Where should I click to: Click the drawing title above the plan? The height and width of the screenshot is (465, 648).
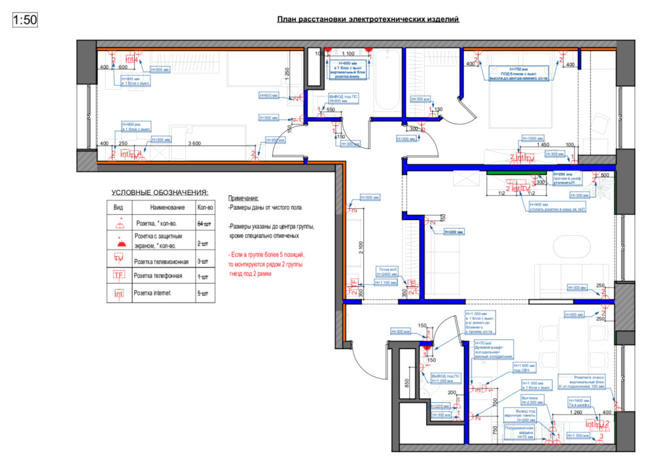pos(368,20)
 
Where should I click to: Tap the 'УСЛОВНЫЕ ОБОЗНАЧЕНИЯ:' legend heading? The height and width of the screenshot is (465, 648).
pos(160,193)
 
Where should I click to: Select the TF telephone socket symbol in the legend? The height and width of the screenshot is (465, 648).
pos(119,275)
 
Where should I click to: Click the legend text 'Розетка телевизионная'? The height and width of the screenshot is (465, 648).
pos(161,261)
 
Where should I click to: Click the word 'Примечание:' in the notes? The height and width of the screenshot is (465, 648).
pos(243,198)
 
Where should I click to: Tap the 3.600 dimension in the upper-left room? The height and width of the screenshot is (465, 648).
pos(194,143)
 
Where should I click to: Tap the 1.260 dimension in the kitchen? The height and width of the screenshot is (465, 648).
pos(576,413)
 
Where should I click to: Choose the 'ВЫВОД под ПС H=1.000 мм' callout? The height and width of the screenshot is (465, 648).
pos(446,378)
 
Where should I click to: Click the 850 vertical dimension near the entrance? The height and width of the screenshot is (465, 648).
pos(406,383)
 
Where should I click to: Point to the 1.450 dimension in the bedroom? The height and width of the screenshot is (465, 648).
pos(544,144)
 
